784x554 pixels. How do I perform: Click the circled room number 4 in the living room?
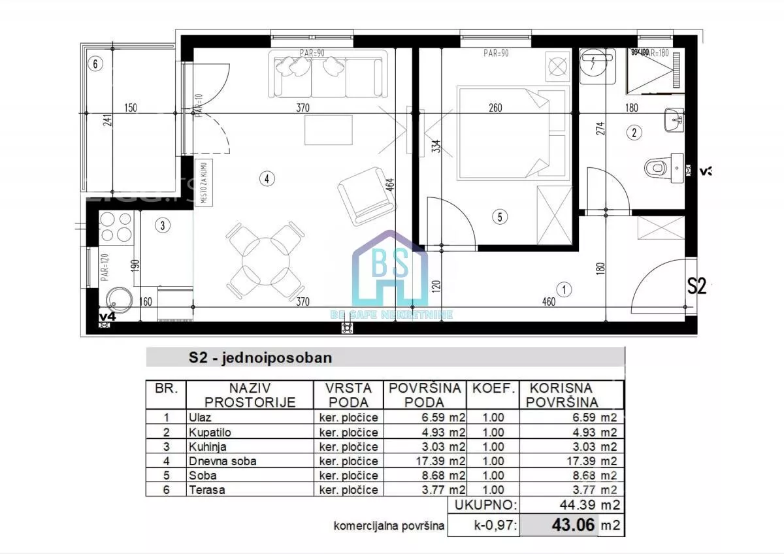click(x=266, y=178)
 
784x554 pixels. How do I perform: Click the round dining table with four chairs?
click(x=266, y=260)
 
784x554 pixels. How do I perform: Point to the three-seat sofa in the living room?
click(x=327, y=74)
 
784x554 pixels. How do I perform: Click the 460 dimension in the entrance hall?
click(x=548, y=302)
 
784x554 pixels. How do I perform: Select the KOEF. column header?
click(x=494, y=388)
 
